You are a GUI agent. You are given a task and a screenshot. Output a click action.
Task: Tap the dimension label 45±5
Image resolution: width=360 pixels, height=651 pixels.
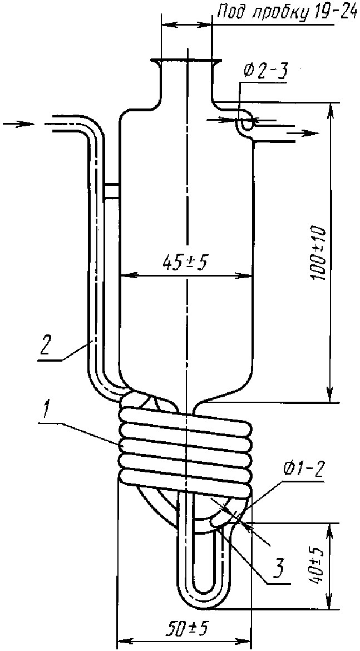[186, 263]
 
